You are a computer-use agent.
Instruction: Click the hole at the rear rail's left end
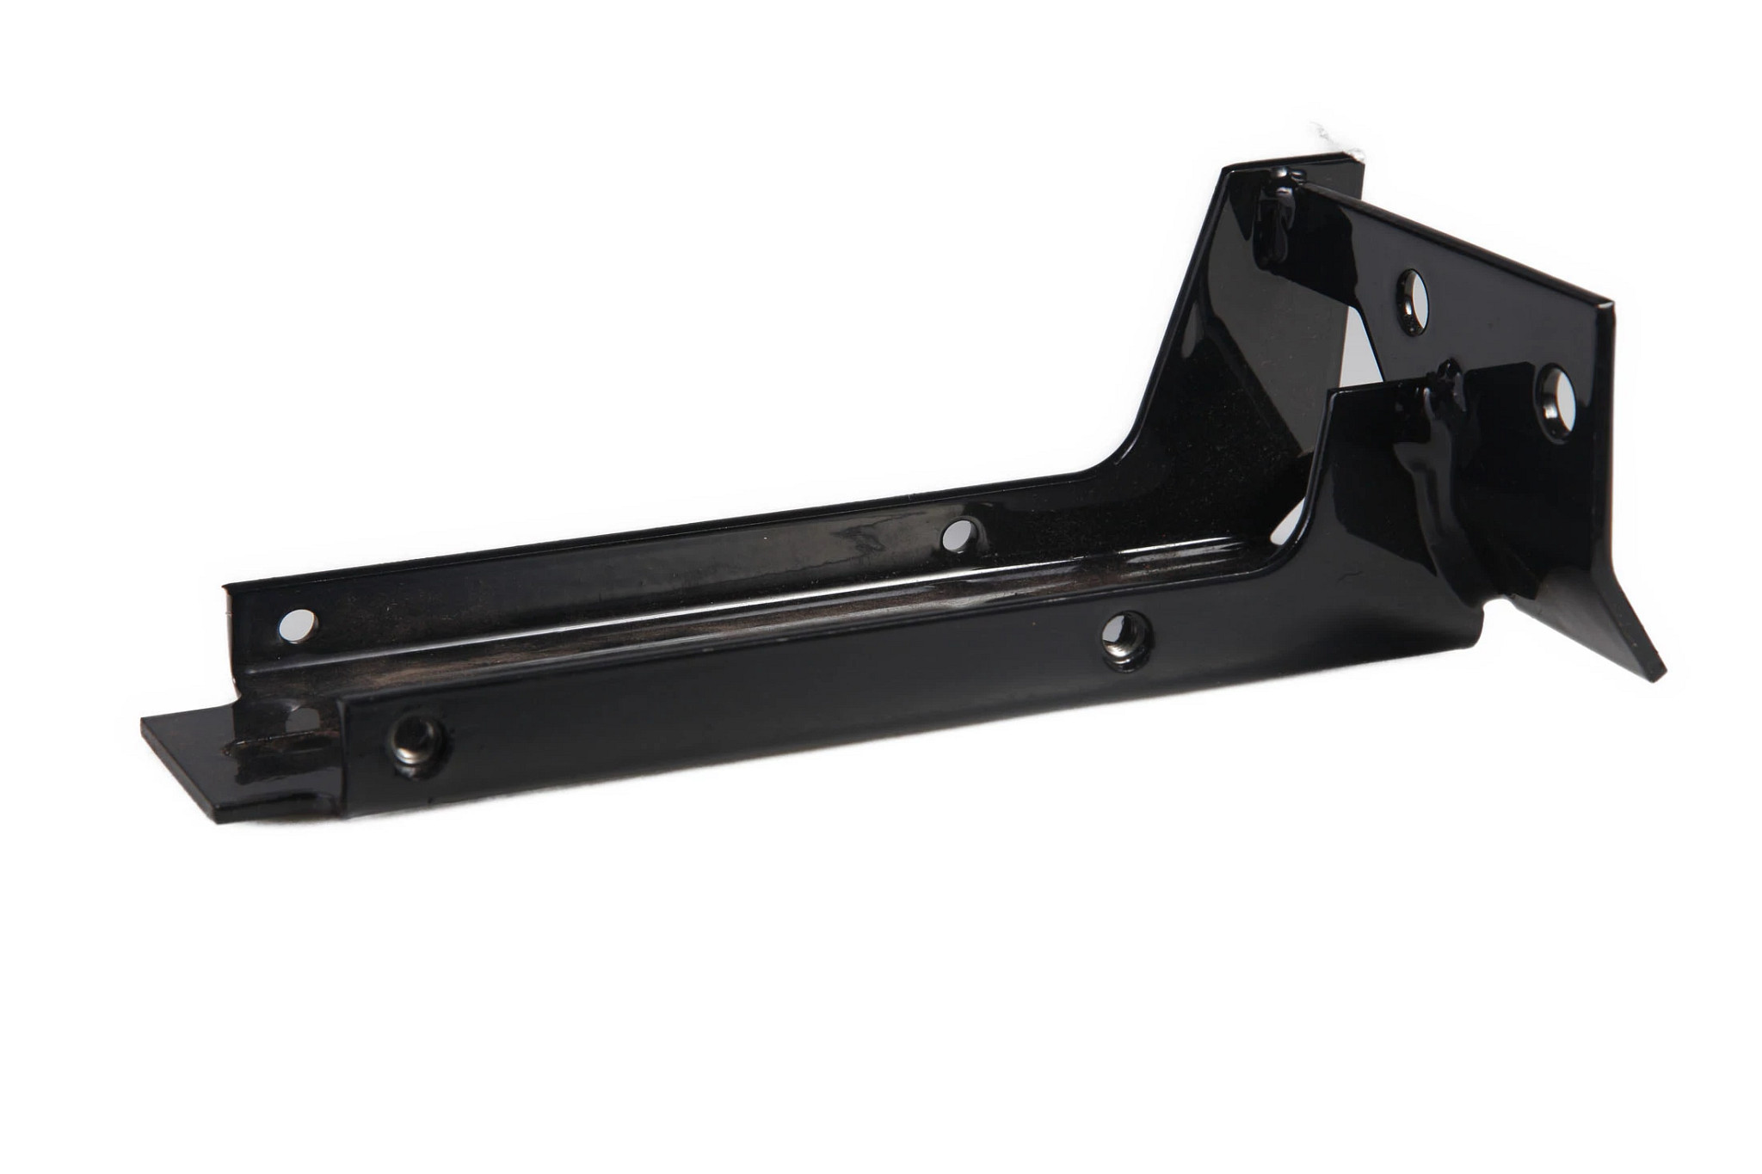[298, 625]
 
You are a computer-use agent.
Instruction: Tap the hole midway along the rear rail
[960, 535]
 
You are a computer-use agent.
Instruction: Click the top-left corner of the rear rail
[225, 588]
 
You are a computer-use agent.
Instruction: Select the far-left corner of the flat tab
[144, 722]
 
